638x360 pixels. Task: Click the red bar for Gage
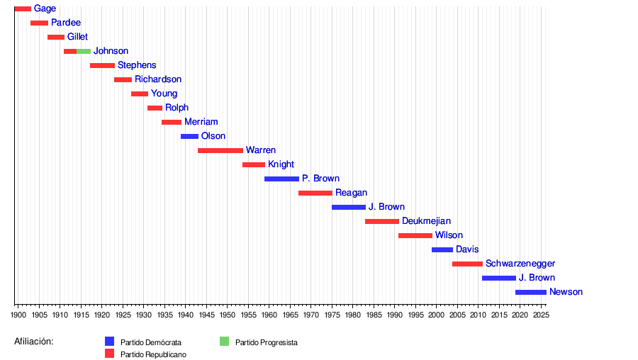tap(23, 9)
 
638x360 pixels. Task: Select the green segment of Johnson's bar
tap(84, 51)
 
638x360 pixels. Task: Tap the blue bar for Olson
tap(189, 136)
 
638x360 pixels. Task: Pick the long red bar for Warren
tap(220, 150)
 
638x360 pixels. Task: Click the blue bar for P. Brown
tap(281, 179)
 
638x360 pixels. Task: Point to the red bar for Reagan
tap(315, 193)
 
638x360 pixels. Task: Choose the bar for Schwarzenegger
tap(467, 264)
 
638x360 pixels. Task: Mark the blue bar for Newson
tap(531, 292)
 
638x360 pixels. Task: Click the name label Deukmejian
tap(426, 221)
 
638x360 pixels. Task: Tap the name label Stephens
tap(137, 65)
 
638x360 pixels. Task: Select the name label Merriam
tap(201, 122)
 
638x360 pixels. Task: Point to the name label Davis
tap(467, 249)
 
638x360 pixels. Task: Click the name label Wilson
tap(449, 235)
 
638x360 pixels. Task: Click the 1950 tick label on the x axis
tap(227, 314)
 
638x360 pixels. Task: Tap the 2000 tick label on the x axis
tap(436, 314)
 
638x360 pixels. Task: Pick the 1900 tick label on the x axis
tap(18, 314)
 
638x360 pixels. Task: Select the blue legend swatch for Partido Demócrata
tap(109, 341)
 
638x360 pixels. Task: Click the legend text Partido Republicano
tap(153, 354)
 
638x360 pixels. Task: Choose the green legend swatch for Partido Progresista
tap(225, 341)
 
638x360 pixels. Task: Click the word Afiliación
tap(34, 342)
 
